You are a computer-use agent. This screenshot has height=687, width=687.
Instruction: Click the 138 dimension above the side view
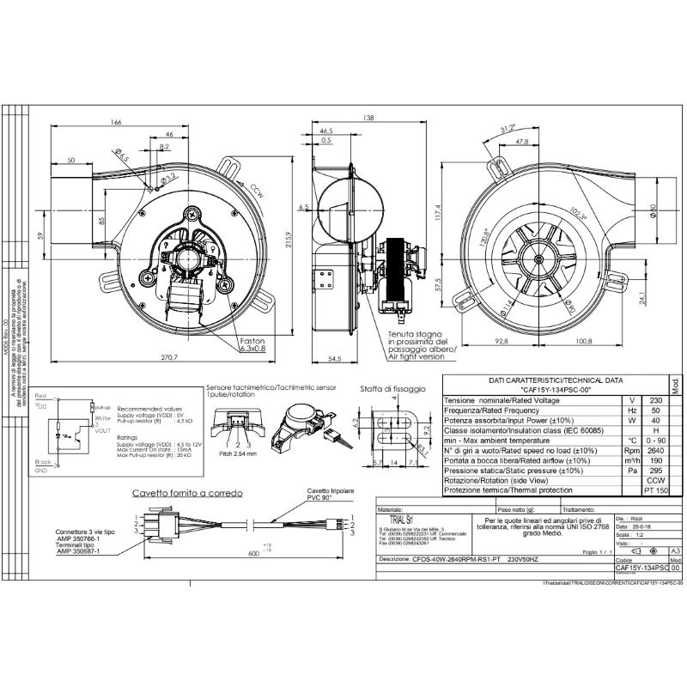pos(369,117)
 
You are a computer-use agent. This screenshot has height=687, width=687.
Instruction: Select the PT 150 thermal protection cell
pos(655,490)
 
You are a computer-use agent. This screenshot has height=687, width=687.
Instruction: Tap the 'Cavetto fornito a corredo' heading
pos(186,494)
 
